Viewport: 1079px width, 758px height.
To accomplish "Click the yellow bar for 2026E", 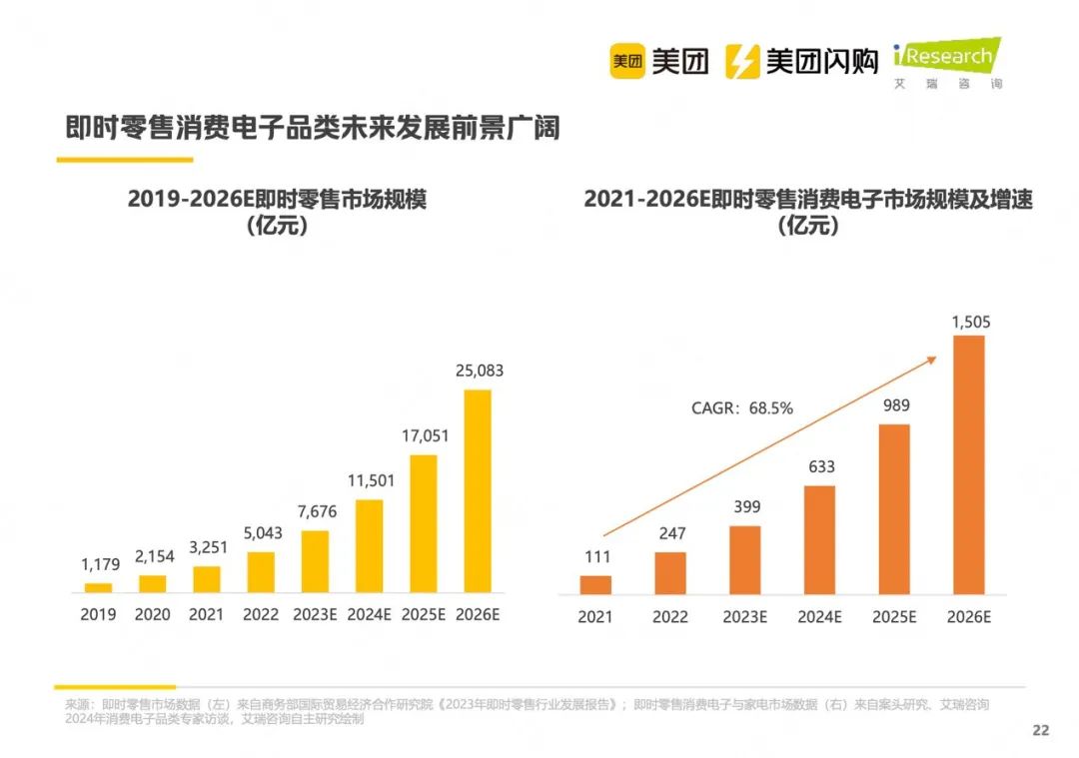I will tap(478, 490).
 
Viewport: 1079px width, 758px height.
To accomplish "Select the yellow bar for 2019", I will tap(98, 587).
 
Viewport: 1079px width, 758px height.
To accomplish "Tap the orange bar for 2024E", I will tap(819, 539).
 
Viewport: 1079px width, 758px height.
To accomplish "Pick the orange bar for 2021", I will tap(595, 584).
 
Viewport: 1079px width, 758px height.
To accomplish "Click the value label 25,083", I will tap(478, 371).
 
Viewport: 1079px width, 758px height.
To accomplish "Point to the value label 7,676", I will tap(315, 511).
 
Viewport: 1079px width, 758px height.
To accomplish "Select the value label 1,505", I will tap(970, 322).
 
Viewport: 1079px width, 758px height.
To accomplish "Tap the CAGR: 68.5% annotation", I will tap(742, 407).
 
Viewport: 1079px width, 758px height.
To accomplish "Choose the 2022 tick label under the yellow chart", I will tap(261, 615).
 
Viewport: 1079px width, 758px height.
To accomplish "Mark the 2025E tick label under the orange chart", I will tap(894, 617).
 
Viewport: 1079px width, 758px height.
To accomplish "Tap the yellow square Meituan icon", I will tap(627, 62).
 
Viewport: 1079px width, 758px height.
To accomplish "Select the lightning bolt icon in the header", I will tap(741, 62).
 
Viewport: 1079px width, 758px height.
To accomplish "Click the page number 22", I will tap(1041, 730).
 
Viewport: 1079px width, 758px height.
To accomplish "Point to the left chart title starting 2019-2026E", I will tap(277, 212).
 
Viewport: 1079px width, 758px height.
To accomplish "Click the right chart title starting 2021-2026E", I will tap(808, 212).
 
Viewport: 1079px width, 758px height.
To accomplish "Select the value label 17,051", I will tap(424, 435).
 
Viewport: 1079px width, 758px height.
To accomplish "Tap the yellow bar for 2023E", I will tap(315, 561).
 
